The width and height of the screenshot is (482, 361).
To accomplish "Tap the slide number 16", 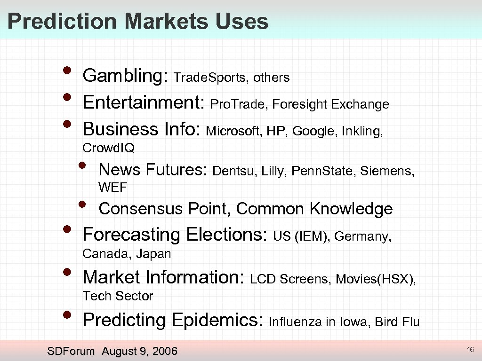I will point(470,350).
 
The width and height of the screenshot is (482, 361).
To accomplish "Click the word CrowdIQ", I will point(108,148).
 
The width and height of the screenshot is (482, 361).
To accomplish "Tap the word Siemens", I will point(387,171).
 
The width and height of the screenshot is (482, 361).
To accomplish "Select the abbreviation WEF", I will point(113,188).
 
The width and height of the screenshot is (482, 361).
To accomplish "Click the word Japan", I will point(153,254).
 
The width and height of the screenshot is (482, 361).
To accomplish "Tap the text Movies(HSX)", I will point(376,279).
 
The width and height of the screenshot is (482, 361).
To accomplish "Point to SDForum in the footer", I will point(71,351).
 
